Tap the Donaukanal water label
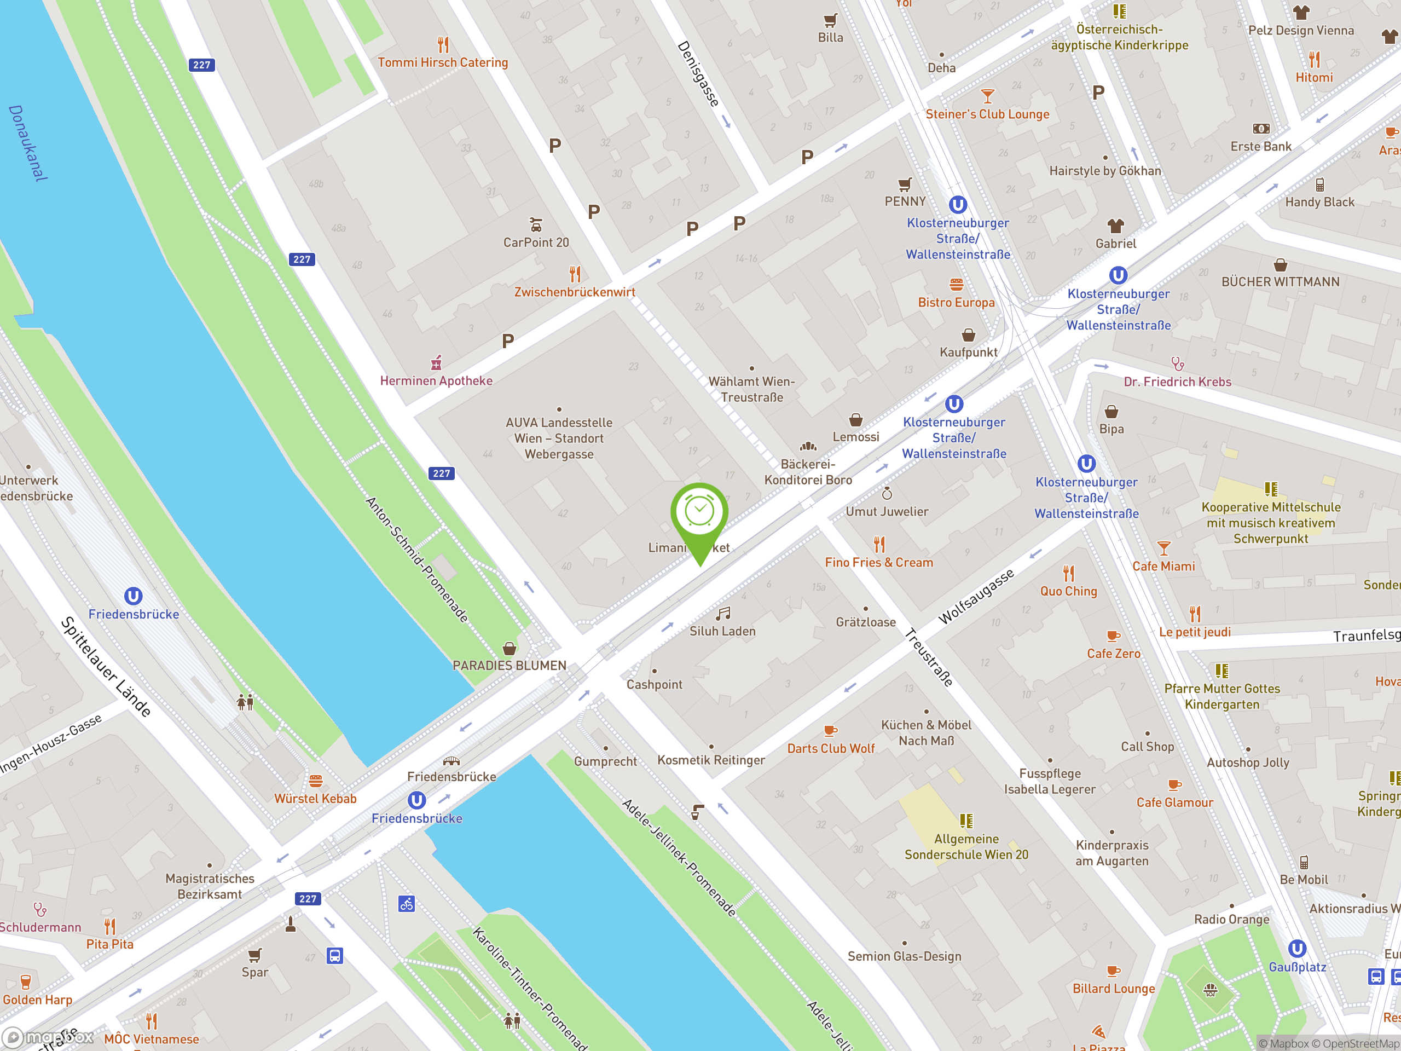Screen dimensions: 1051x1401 [28, 143]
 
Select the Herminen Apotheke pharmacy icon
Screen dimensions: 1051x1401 [436, 363]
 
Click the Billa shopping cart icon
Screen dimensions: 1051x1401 [830, 20]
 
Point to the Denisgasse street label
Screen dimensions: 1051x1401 [699, 74]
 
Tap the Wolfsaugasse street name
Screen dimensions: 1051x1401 [975, 596]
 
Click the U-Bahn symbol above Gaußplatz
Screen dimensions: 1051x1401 [1296, 949]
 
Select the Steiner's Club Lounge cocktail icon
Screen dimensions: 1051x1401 [987, 96]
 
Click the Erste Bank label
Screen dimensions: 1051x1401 [1260, 146]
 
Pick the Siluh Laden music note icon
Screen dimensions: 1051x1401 [723, 613]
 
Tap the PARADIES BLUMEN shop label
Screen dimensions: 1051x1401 [509, 665]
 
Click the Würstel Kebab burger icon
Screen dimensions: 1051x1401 [315, 781]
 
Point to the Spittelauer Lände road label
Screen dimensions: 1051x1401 [106, 667]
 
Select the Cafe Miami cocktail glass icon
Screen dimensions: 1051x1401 [1163, 548]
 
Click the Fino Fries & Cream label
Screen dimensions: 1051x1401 [878, 563]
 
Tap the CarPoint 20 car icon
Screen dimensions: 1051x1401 [536, 225]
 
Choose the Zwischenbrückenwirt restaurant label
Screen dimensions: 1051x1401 [575, 292]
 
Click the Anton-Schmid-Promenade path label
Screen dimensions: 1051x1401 [417, 559]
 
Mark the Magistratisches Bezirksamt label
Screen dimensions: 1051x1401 [210, 886]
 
